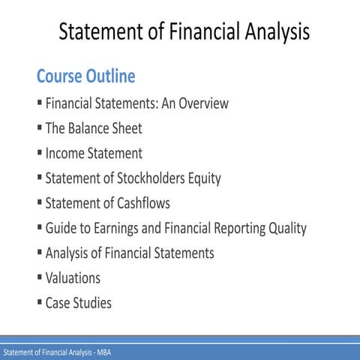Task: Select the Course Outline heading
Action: coord(85,76)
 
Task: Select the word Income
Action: coord(65,154)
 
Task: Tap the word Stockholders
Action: coord(149,178)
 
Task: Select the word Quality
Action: coord(283,228)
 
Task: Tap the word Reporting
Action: coord(230,228)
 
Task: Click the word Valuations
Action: coord(73,277)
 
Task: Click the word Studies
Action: coord(93,303)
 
